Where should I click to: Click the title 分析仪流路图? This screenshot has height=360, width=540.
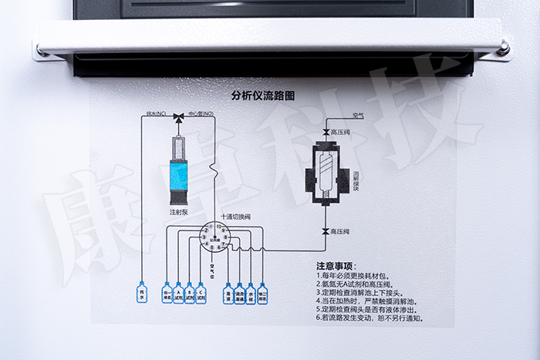(263, 96)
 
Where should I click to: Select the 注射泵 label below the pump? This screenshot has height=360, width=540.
(178, 210)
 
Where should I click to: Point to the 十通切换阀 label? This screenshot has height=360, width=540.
(235, 217)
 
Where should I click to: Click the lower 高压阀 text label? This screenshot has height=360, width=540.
(342, 231)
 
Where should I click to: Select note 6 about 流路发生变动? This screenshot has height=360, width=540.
(370, 318)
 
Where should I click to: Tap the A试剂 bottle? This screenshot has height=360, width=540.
(178, 294)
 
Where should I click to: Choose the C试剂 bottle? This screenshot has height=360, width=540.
(201, 294)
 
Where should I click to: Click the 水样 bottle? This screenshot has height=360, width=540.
(251, 294)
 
